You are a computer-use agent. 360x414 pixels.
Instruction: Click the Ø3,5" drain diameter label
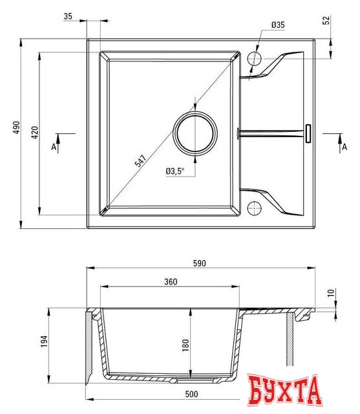[175, 171]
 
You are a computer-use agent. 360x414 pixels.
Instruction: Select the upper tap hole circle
[254, 59]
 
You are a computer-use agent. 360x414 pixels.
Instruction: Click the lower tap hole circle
[254, 208]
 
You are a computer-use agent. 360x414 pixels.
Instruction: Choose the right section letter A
[341, 147]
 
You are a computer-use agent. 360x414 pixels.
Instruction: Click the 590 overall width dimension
[200, 263]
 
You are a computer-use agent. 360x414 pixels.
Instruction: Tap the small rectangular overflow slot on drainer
[308, 133]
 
